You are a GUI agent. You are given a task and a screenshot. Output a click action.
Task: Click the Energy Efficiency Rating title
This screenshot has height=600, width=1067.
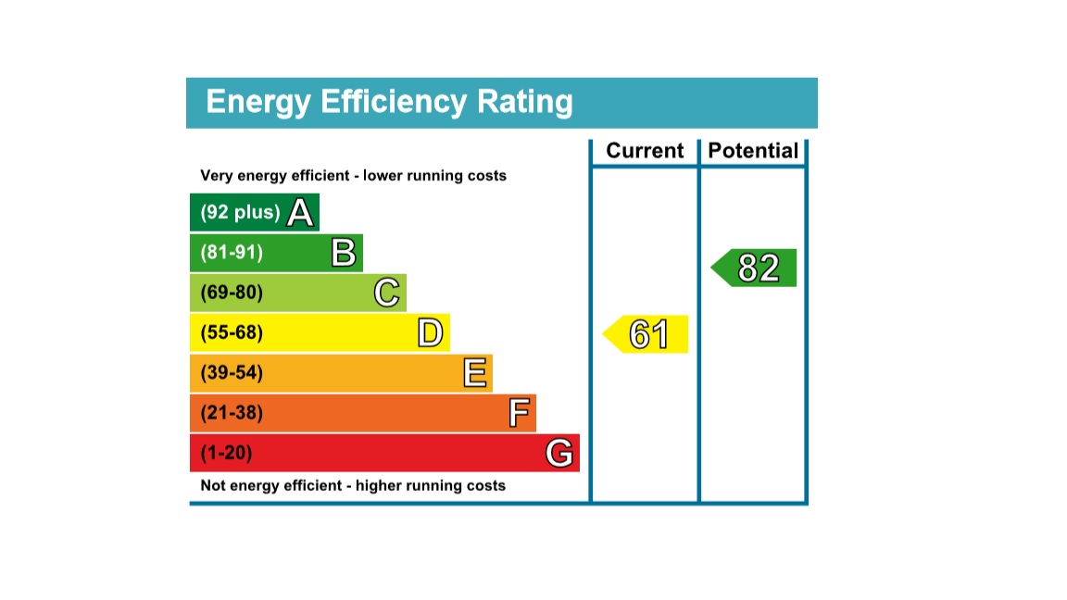[389, 102]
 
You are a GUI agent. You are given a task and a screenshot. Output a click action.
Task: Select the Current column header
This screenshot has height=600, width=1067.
[645, 151]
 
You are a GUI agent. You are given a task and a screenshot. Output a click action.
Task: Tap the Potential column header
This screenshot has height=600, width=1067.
[753, 151]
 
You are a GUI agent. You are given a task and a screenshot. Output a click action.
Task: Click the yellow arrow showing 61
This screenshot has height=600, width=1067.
[646, 334]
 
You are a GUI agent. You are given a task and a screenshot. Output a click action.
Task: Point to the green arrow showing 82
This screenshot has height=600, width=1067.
[756, 268]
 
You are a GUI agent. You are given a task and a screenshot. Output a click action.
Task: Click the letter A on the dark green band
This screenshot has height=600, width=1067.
[300, 213]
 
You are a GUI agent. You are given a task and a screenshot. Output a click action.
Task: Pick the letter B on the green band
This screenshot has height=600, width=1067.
[344, 253]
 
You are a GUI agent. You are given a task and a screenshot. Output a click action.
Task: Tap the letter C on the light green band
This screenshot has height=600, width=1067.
[387, 294]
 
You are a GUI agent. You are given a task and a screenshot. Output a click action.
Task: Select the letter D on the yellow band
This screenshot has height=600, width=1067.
[430, 333]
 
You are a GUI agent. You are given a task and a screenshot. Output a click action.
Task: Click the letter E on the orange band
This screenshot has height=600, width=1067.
[474, 373]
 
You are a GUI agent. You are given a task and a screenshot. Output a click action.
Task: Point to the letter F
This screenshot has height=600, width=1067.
[519, 413]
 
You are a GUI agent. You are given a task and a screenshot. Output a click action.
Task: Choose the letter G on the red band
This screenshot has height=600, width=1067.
[559, 454]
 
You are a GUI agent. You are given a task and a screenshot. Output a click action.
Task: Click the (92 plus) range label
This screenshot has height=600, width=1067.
[240, 212]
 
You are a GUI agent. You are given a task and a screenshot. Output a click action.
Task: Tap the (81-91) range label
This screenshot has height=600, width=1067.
[232, 253]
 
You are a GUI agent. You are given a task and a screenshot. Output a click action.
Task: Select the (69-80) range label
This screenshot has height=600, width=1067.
[232, 294]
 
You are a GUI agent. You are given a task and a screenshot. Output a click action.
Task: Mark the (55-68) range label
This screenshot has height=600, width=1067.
[232, 333]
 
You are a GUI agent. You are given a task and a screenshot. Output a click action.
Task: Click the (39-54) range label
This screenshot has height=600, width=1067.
[232, 373]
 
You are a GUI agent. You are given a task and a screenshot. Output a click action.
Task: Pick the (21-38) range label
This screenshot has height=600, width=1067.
[232, 413]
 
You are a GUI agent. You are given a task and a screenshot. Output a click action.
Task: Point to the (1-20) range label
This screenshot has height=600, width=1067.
[226, 454]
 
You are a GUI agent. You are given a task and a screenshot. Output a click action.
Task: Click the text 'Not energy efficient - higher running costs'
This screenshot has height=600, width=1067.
[353, 485]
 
